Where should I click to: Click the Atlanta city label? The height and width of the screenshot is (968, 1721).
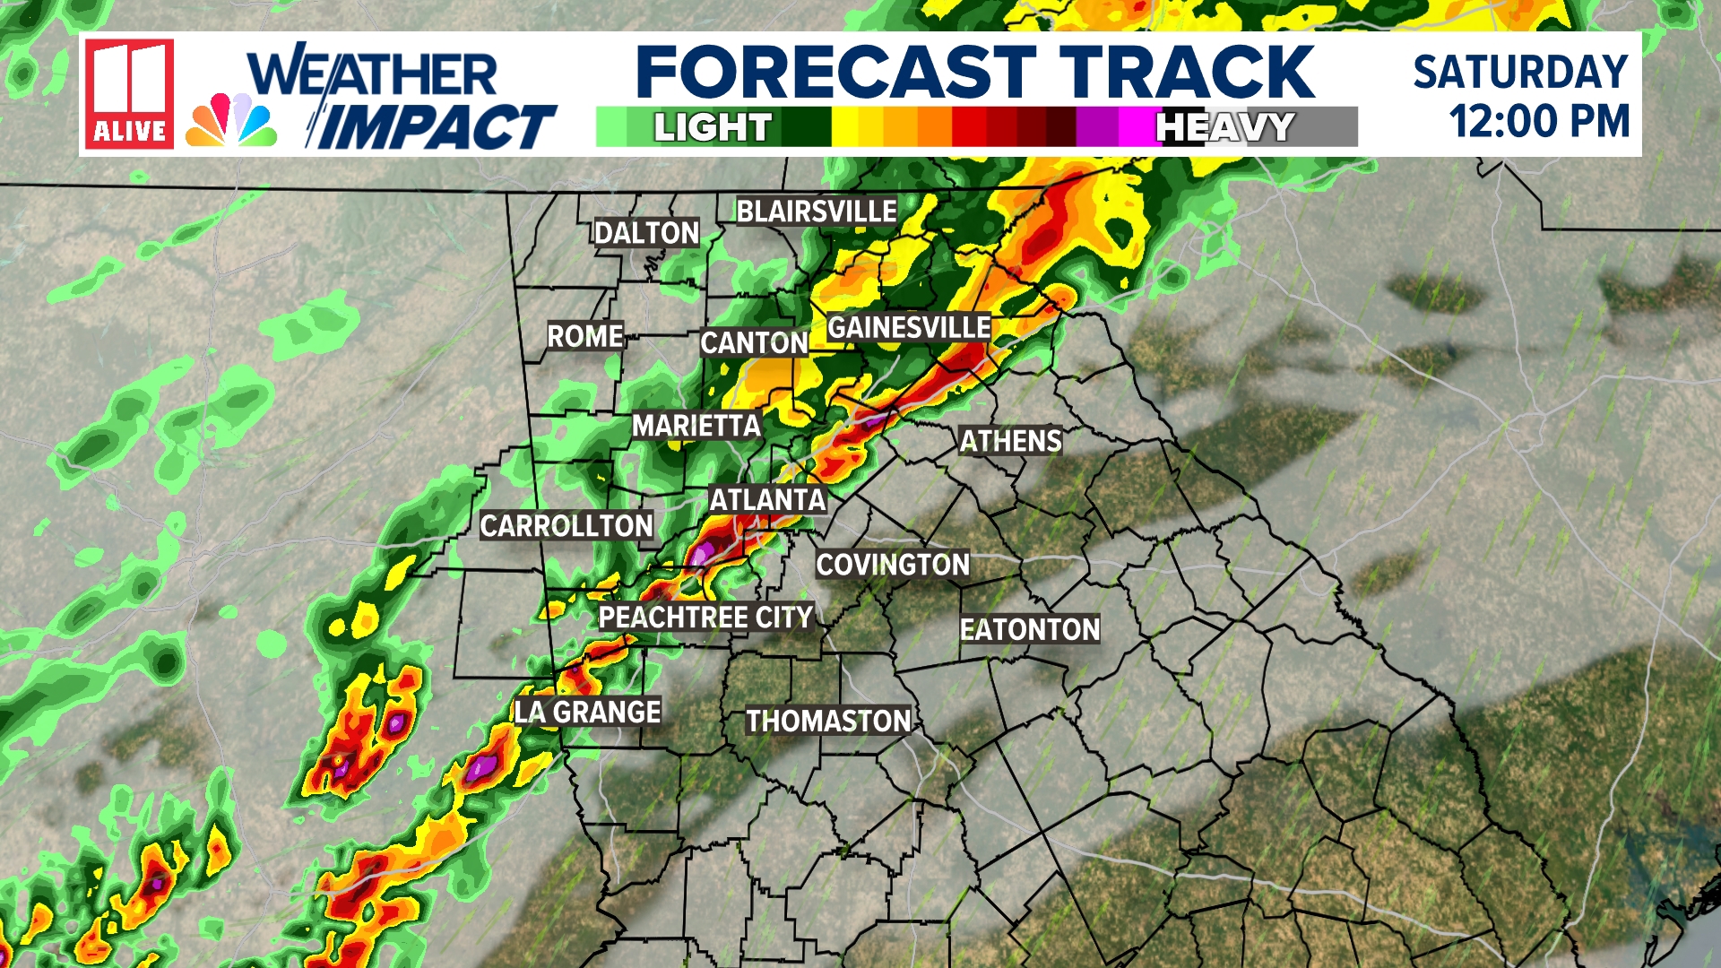point(767,499)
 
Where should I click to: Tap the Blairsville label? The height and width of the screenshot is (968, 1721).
point(816,212)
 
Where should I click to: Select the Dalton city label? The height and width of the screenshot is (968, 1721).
point(646,233)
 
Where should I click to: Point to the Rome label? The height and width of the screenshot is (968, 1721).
point(585,336)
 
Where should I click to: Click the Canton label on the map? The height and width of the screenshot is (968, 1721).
point(754,342)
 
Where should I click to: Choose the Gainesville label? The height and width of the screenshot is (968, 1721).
point(909,327)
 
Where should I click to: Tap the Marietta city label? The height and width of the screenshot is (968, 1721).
point(696,426)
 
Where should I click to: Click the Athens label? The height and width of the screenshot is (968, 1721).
point(1010,441)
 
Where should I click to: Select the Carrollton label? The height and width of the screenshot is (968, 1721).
point(566,526)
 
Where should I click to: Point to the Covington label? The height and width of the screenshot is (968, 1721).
point(893,565)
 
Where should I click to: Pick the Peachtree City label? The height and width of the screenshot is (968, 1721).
point(705,618)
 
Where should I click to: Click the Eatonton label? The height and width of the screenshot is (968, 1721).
point(1030,630)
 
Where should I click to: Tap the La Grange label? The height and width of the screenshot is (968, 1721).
point(588,713)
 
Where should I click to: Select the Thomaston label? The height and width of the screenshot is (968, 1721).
point(828,722)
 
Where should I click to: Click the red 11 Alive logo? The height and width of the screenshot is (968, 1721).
point(130,93)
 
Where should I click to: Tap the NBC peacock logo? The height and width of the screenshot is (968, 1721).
point(231,120)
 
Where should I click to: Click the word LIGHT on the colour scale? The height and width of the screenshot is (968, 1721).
point(713,127)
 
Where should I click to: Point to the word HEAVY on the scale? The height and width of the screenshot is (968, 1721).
point(1225,127)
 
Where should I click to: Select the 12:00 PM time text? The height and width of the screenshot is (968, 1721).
point(1539,122)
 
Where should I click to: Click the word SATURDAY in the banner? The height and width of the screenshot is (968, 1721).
point(1520,72)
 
